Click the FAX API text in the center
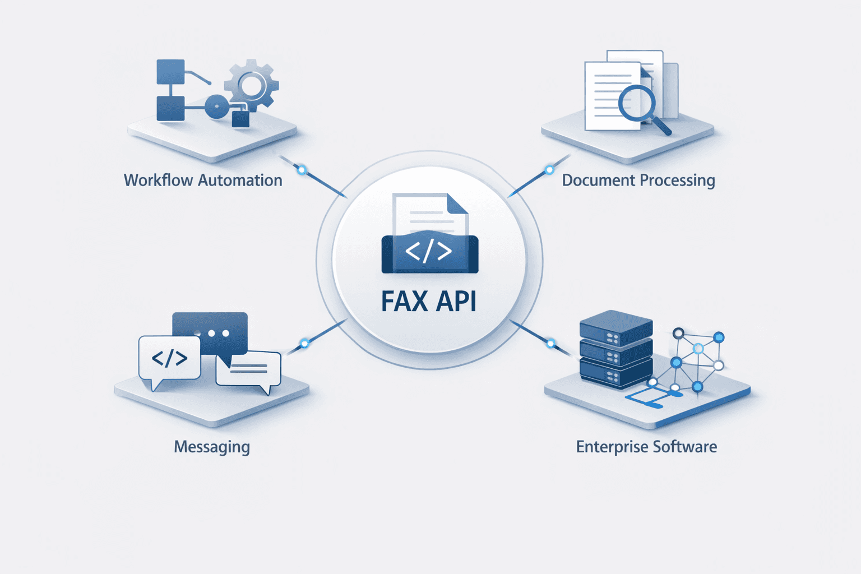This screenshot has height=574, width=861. click(x=429, y=301)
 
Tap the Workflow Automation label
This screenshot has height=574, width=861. click(x=203, y=180)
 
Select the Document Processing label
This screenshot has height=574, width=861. click(x=638, y=180)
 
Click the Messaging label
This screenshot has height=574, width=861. click(x=212, y=447)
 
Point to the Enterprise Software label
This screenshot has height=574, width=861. click(x=646, y=447)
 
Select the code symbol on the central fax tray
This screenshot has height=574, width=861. click(x=429, y=252)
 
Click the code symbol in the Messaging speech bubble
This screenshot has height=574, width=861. click(x=169, y=358)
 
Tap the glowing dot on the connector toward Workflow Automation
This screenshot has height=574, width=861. click(x=302, y=170)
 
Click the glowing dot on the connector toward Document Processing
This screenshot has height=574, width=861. click(x=549, y=170)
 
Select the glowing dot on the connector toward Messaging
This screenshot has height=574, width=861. click(x=304, y=344)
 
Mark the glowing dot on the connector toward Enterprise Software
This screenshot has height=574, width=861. click(x=550, y=344)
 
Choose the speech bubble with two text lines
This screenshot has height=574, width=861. click(x=248, y=368)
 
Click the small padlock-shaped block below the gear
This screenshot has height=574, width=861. click(x=240, y=118)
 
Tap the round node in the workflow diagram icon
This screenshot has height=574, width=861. click(x=216, y=107)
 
